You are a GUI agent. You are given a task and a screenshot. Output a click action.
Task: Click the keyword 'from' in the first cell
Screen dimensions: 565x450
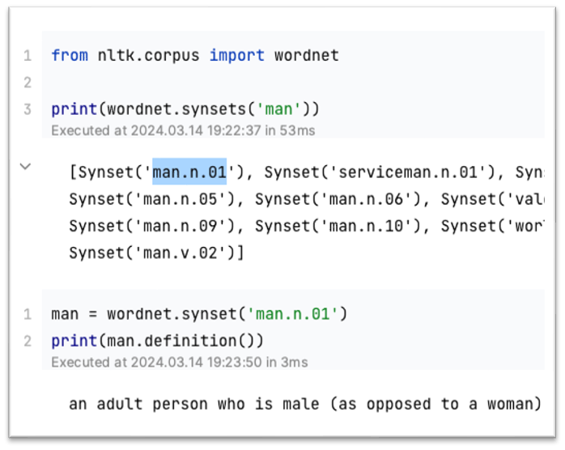click(x=69, y=56)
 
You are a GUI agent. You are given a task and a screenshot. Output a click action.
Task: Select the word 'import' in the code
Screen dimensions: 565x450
click(x=237, y=56)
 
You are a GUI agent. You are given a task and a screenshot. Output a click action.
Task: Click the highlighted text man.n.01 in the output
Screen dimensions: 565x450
click(x=189, y=172)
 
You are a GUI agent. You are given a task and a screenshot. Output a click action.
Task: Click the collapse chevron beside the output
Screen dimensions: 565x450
click(x=25, y=166)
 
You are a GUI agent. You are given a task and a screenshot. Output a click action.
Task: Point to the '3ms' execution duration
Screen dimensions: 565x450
click(x=293, y=362)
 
